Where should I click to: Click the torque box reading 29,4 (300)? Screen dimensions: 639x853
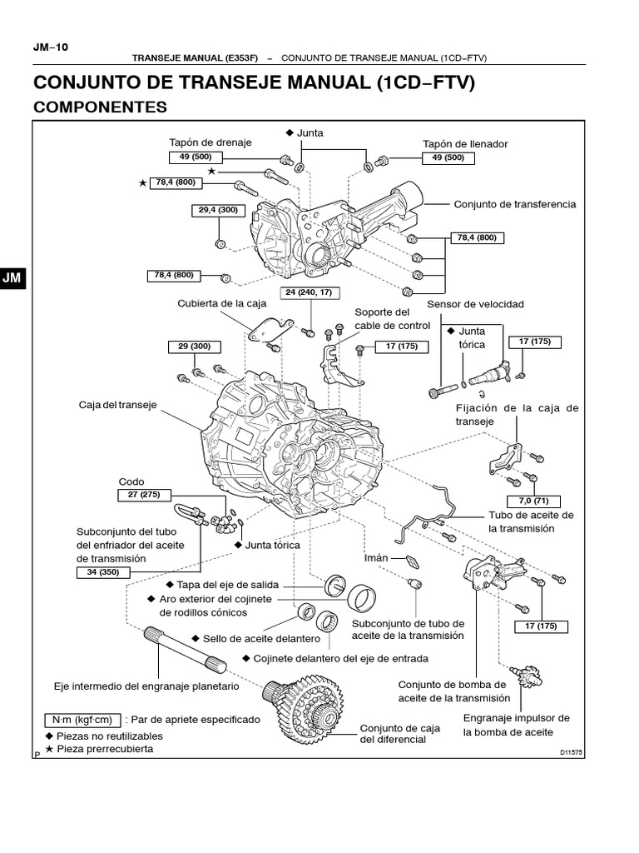coord(219,210)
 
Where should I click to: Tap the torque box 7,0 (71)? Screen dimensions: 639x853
coord(533,501)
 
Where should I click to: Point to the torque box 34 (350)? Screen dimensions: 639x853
coord(102,572)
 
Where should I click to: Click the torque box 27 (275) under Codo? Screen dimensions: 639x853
coord(144,495)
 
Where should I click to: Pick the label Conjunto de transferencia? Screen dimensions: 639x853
coord(514,205)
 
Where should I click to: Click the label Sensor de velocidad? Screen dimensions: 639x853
coord(475,304)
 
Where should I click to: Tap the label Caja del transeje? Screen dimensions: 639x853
coord(117,405)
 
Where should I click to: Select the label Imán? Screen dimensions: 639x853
coord(376,558)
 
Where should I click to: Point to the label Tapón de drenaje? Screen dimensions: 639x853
coord(211,142)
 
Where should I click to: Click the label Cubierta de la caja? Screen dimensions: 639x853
coord(221,303)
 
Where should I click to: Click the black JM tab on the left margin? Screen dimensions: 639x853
coord(12,278)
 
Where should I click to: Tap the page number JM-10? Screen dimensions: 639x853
coord(51,47)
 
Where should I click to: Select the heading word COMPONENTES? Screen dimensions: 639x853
coord(100,107)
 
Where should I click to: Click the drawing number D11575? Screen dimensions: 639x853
coord(571,753)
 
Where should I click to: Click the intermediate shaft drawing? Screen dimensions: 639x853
coord(186,651)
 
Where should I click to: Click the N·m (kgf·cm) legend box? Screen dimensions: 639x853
coord(82,721)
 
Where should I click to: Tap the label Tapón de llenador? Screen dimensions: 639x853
coord(465,144)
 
